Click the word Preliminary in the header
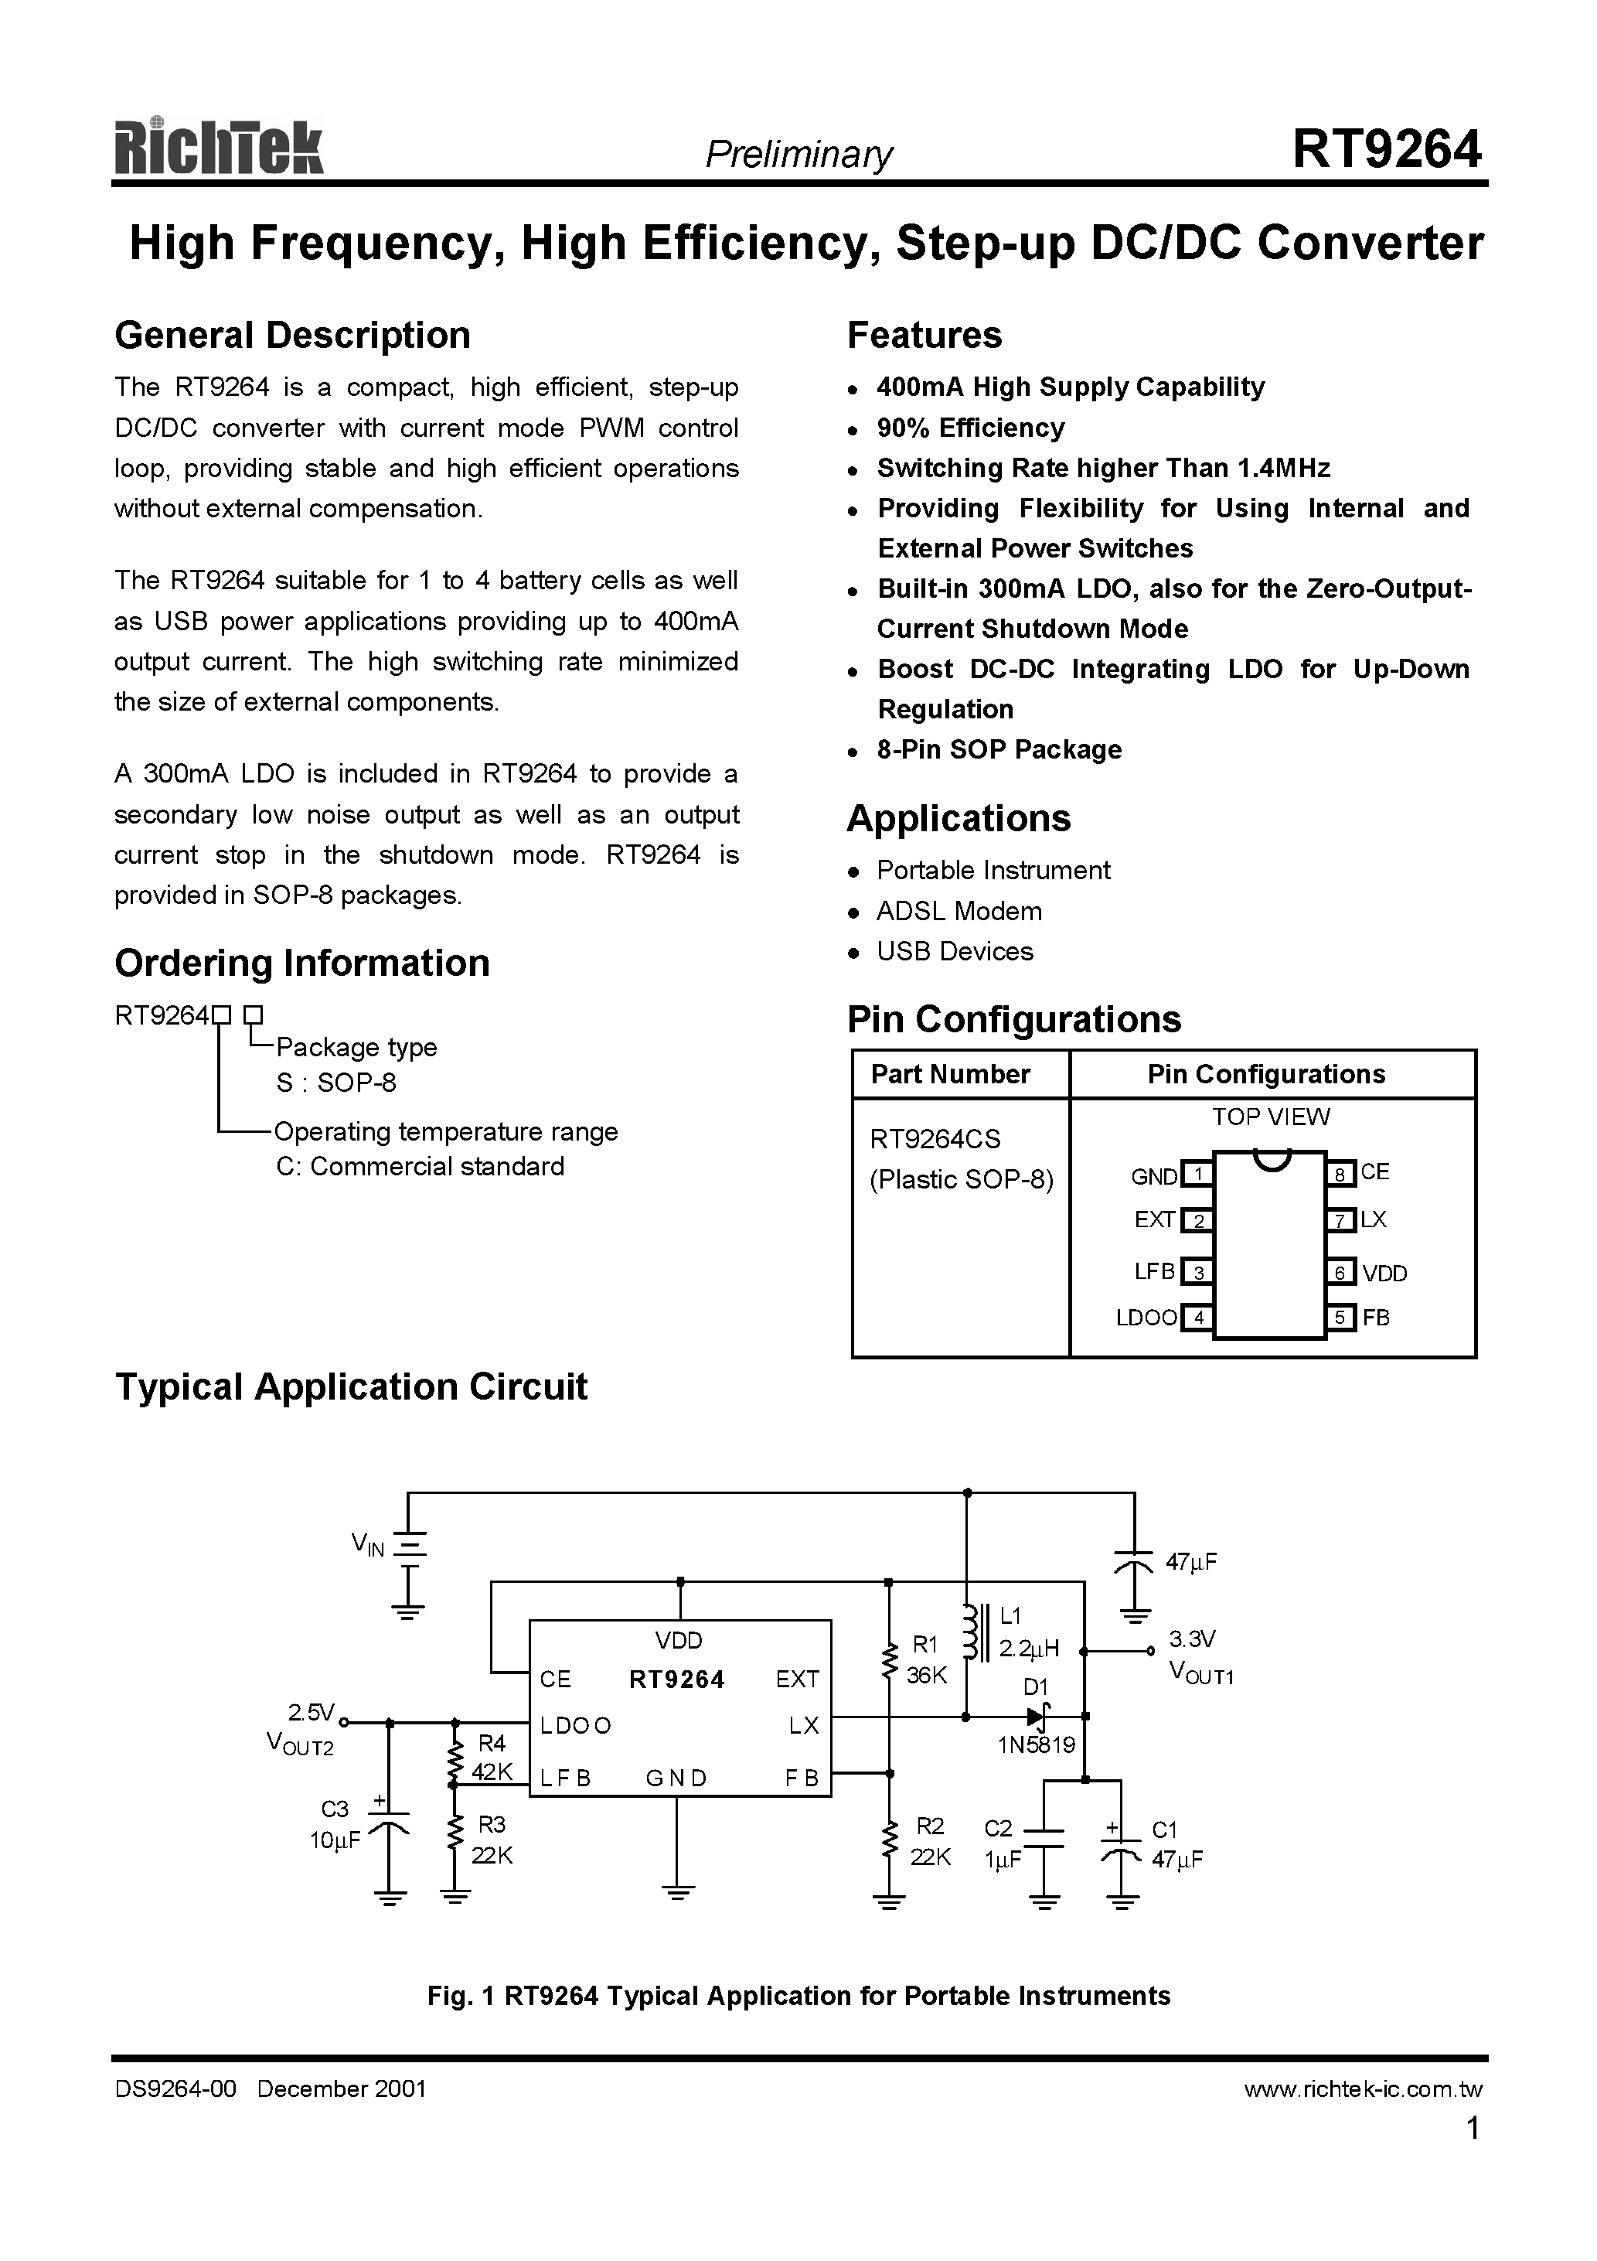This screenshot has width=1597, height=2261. [798, 155]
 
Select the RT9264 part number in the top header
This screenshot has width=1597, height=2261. [1385, 150]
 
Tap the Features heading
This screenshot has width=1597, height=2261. [924, 336]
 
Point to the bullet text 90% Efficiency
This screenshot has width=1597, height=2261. [970, 428]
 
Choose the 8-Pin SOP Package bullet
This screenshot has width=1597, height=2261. [999, 750]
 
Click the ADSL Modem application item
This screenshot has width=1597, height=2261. [958, 912]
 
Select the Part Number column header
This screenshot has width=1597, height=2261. [949, 1074]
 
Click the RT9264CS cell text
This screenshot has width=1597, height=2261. [935, 1139]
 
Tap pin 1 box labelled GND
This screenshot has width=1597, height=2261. [1197, 1174]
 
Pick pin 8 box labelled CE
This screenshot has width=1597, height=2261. [1340, 1174]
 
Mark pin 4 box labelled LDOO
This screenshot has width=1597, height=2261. [1197, 1318]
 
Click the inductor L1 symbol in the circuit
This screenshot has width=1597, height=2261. [970, 1635]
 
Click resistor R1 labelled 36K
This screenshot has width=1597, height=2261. [889, 1660]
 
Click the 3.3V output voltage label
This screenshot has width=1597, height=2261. [1191, 1639]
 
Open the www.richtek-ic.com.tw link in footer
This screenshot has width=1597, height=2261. [1362, 2089]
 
